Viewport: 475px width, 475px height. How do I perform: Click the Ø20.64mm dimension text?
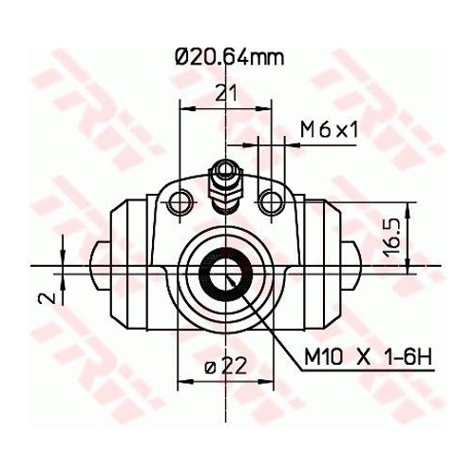click(229, 58)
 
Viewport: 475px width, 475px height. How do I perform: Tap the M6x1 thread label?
click(329, 129)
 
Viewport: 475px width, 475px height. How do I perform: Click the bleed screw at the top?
click(225, 180)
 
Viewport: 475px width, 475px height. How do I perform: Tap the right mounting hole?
click(273, 199)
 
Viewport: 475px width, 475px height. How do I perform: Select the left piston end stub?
click(100, 267)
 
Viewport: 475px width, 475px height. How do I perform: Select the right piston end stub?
click(353, 267)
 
